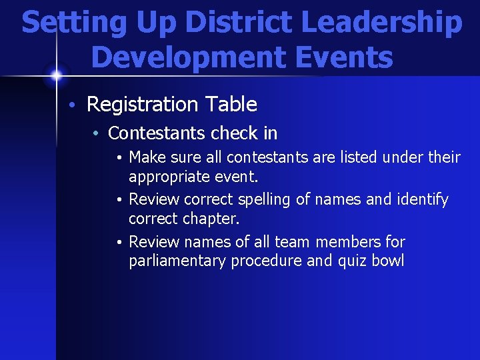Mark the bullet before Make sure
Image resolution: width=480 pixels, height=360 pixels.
click(117, 158)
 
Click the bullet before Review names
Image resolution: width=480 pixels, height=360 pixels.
click(117, 243)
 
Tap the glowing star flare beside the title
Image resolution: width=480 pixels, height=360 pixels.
click(56, 75)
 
